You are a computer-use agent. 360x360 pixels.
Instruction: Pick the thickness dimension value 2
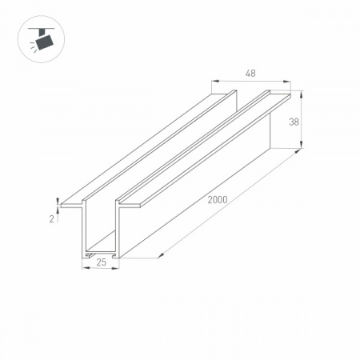(x=52, y=218)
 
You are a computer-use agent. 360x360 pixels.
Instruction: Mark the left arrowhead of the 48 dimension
(x=214, y=81)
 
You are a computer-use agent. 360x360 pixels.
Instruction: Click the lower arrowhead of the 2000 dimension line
(x=161, y=254)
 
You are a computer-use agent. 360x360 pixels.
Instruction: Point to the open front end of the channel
(x=101, y=232)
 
